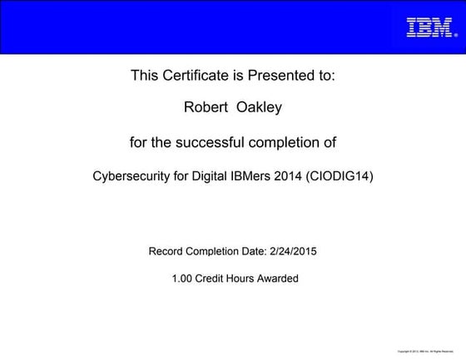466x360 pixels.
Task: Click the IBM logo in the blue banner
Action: pyautogui.click(x=429, y=27)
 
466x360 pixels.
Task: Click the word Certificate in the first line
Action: pyautogui.click(x=196, y=76)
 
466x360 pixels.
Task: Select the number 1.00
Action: pyautogui.click(x=182, y=279)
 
